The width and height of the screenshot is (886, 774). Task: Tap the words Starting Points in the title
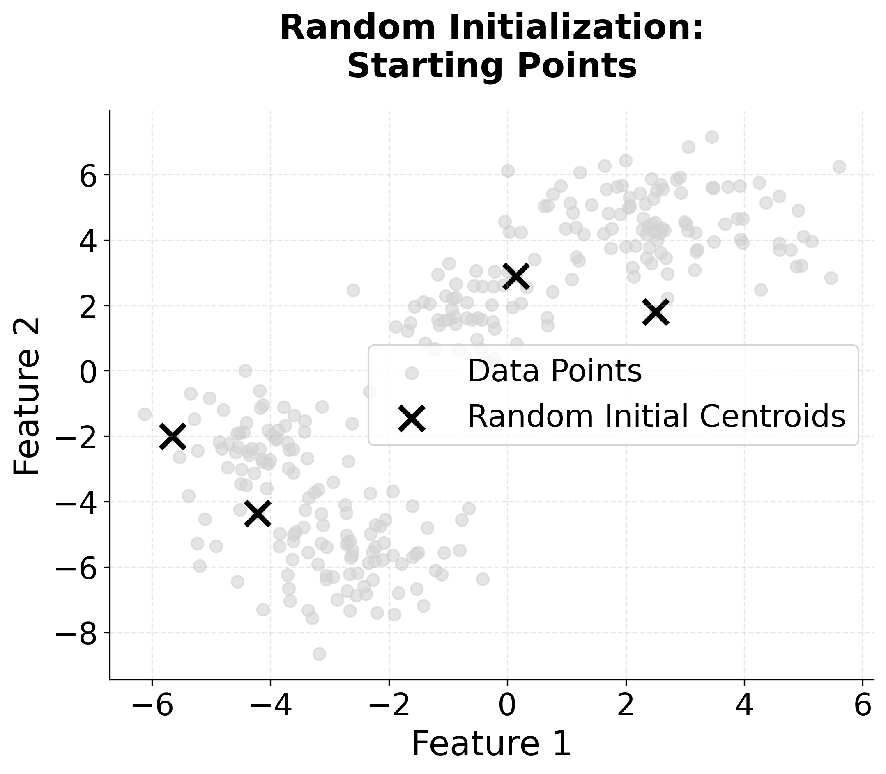(492, 66)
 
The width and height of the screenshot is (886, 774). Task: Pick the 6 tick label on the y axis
(88, 175)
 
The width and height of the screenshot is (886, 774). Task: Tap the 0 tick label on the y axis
(88, 371)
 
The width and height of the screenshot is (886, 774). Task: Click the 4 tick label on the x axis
(744, 707)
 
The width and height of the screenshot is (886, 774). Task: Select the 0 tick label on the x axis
(507, 707)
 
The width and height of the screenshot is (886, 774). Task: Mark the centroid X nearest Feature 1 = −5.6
(173, 436)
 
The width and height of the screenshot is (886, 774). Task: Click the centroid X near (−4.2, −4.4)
(258, 513)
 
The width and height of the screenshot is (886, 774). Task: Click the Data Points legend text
(555, 371)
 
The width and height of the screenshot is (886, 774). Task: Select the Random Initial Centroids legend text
(656, 417)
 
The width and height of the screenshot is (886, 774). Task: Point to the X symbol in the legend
(412, 418)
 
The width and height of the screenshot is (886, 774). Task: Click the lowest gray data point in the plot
(320, 654)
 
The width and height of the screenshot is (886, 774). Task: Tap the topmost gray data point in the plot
(712, 137)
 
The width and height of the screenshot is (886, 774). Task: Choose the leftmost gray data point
(145, 414)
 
